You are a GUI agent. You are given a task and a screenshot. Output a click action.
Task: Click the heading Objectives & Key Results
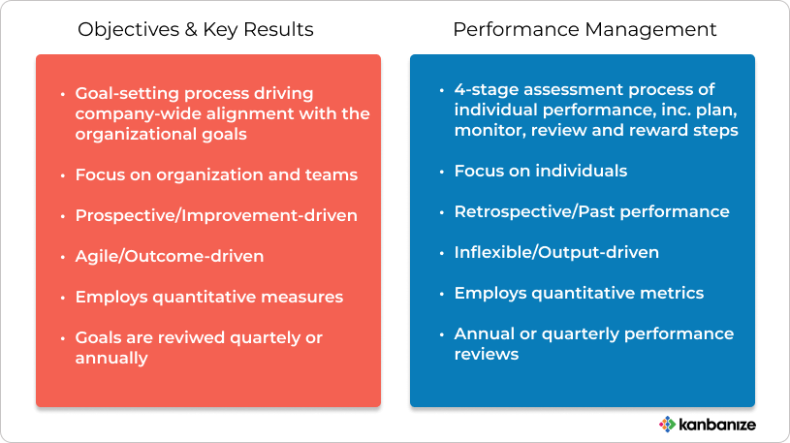[x=196, y=30]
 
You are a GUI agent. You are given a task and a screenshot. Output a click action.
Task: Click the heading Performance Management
[x=585, y=30]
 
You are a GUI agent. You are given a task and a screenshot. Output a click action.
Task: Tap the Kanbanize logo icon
[x=667, y=425]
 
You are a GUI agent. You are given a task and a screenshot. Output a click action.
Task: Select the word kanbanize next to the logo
[x=717, y=425]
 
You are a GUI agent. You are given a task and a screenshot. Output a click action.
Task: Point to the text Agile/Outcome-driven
[x=170, y=257]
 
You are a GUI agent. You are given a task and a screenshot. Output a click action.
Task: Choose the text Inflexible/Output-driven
[x=556, y=252]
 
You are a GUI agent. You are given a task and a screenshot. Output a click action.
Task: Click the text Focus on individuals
[x=541, y=171]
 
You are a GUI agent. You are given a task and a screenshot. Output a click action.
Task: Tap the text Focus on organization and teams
[x=216, y=174]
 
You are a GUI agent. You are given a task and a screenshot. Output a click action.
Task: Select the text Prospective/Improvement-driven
[x=216, y=216]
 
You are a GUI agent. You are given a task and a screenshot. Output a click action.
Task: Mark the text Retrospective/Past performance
[x=591, y=211]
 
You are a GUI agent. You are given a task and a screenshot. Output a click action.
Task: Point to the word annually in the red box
[x=111, y=359]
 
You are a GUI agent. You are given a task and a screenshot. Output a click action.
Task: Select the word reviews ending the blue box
[x=487, y=354]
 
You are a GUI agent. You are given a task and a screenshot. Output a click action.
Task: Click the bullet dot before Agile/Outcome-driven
[x=63, y=257]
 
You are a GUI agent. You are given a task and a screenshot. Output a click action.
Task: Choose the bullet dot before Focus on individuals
[x=442, y=172]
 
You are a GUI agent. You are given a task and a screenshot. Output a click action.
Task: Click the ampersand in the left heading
[x=190, y=30]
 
